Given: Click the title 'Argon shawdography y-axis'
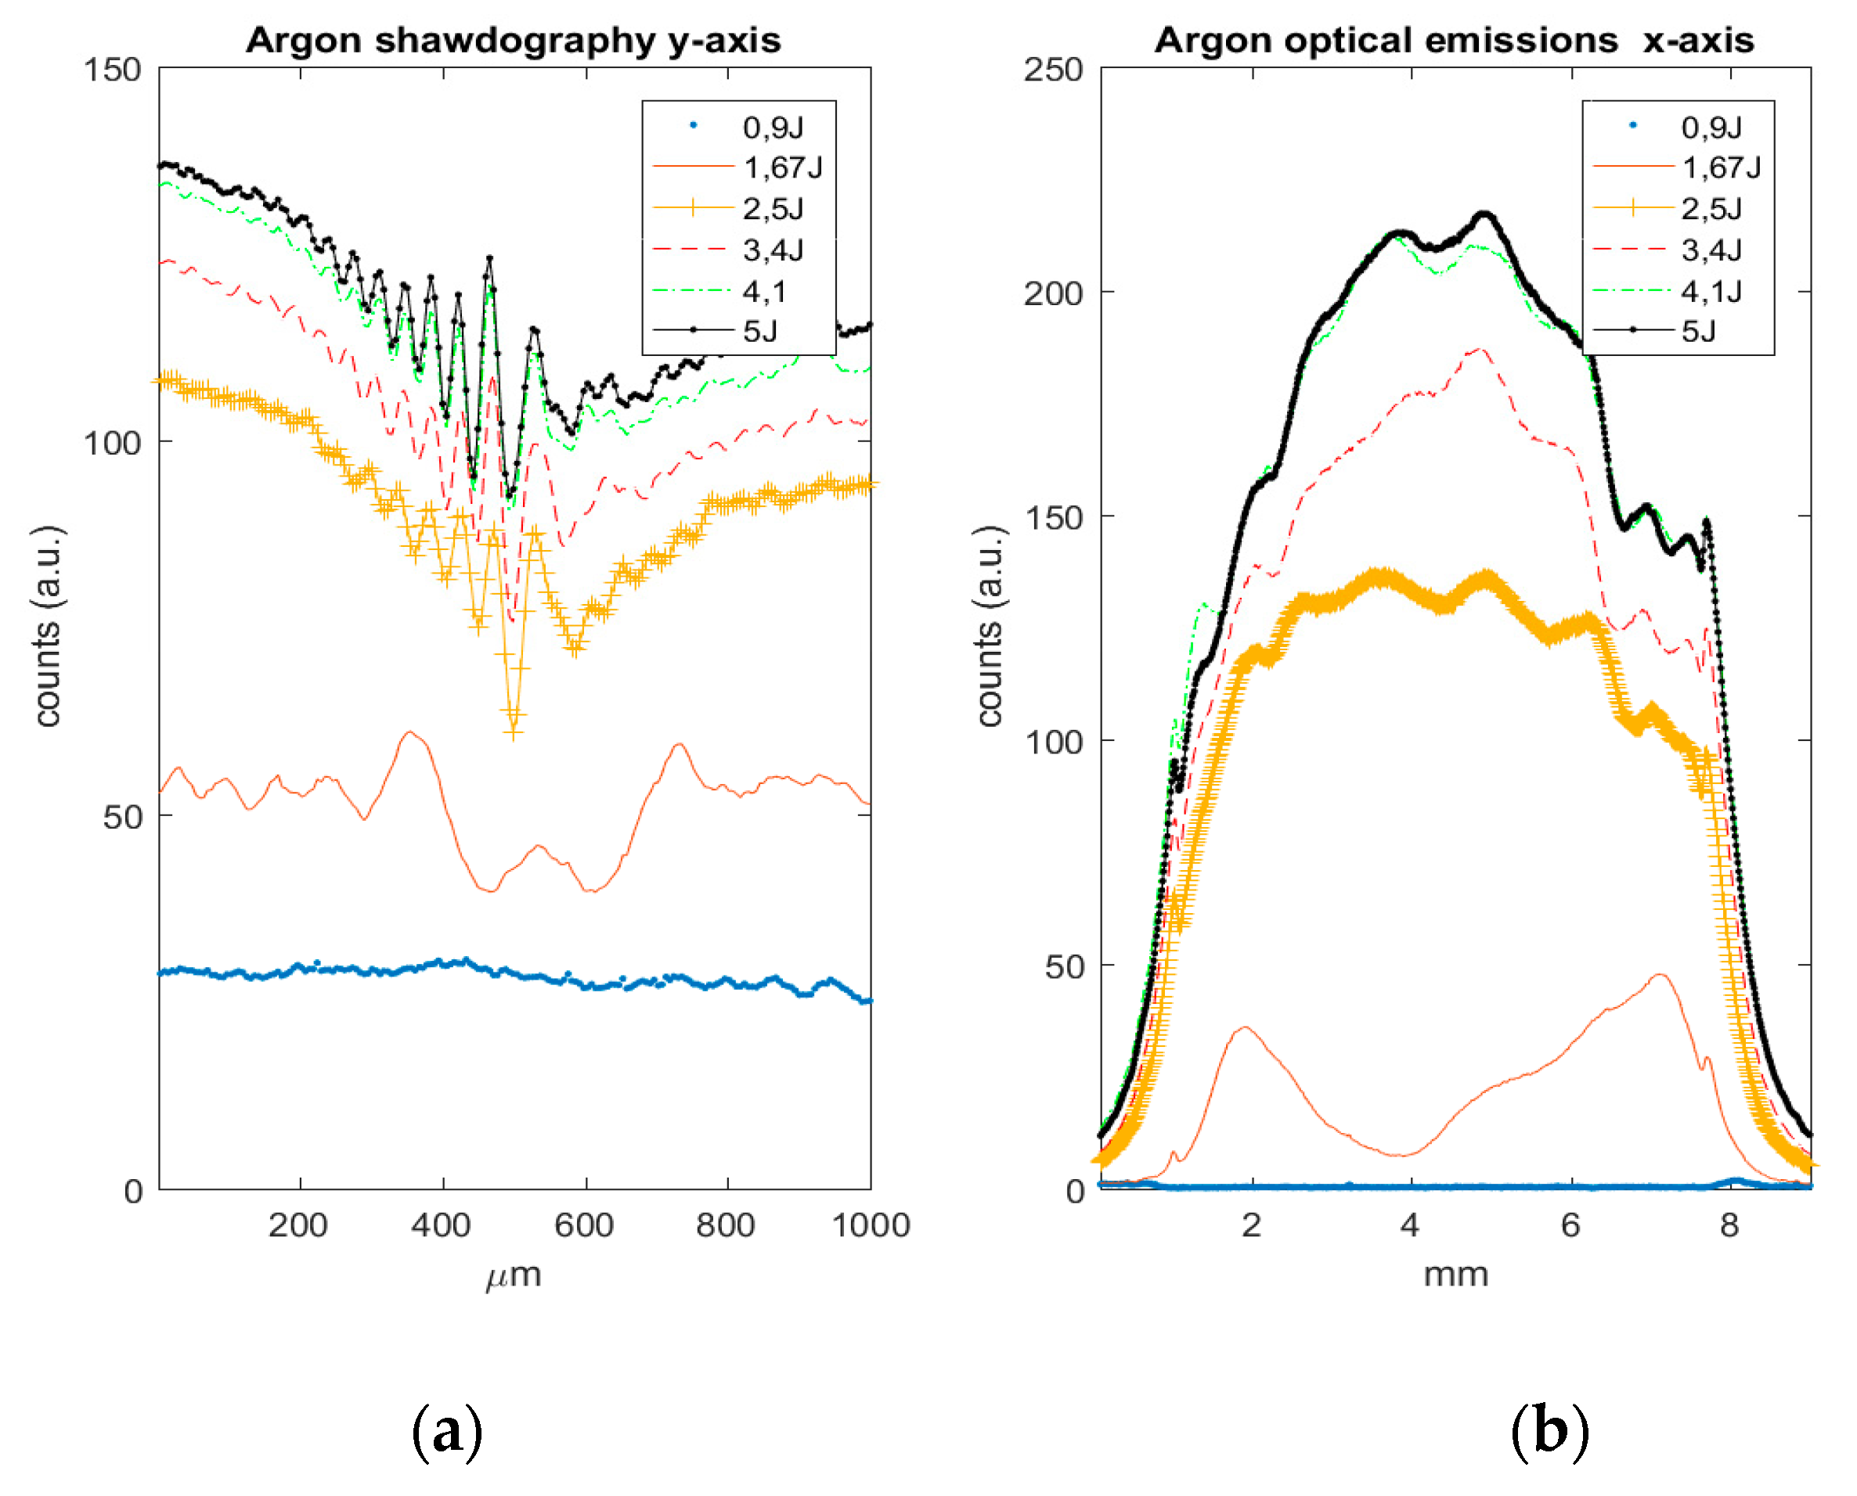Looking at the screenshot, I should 513,41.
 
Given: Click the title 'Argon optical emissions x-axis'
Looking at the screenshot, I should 1454,41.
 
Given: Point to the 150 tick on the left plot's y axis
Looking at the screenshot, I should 112,70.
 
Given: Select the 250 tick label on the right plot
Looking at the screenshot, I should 1053,70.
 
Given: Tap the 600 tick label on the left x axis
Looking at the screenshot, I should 584,1224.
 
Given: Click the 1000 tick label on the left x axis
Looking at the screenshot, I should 870,1224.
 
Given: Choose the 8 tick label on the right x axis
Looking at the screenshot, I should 1729,1224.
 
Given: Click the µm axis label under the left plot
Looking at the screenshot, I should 513,1275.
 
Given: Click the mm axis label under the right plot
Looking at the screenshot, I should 1455,1274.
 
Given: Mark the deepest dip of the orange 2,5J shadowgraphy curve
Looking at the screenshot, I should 514,728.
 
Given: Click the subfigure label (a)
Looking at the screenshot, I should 446,1431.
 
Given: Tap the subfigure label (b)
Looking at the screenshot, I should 1549,1431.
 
